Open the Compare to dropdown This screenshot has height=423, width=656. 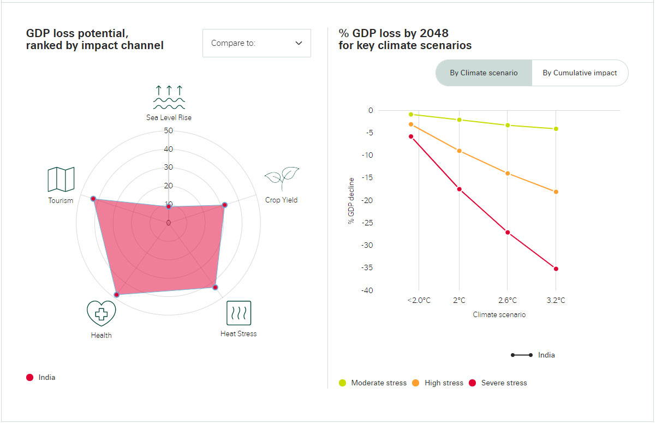(x=257, y=43)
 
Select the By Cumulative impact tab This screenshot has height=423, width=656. (x=580, y=73)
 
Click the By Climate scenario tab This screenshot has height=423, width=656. (x=484, y=73)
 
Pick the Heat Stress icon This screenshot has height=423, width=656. (x=238, y=313)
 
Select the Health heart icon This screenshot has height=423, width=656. (x=101, y=314)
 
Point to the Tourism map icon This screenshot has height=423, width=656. (x=61, y=179)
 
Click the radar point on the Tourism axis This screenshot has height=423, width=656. (x=93, y=199)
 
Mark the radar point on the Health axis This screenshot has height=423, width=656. (x=116, y=295)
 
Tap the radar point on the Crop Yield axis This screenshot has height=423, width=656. (x=224, y=205)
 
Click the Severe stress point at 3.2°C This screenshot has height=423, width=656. (x=556, y=269)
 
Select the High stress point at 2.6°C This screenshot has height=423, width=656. (x=508, y=174)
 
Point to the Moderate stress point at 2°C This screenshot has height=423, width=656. (x=459, y=120)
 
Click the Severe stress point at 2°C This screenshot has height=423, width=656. (x=459, y=189)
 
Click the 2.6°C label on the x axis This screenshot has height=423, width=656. (x=508, y=300)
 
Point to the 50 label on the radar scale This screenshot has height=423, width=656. (x=169, y=131)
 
